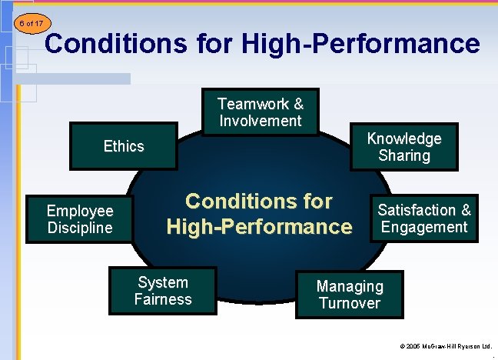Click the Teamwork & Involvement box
(x=261, y=112)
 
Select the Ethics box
(x=124, y=146)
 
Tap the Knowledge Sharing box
(x=403, y=147)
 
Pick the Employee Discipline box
(x=80, y=219)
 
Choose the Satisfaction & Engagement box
(x=423, y=218)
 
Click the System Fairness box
(x=163, y=291)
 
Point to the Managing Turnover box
(x=350, y=295)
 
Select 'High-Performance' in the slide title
(x=360, y=43)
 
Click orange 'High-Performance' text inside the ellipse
(x=259, y=227)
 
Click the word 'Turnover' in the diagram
(x=350, y=303)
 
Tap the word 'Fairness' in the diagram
(x=163, y=299)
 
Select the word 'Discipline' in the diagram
(x=80, y=228)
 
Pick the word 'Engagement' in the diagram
(x=424, y=227)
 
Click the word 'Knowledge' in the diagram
(x=404, y=138)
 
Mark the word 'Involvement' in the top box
(x=261, y=121)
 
